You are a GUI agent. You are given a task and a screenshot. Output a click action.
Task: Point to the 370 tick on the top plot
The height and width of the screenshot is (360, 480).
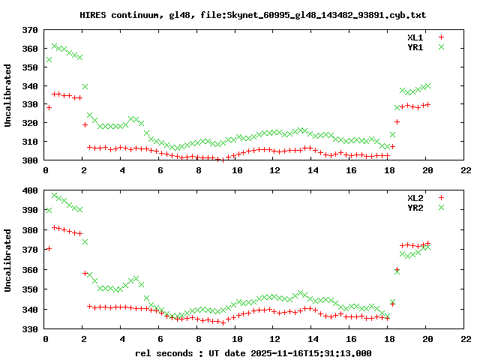pyautogui.click(x=30, y=30)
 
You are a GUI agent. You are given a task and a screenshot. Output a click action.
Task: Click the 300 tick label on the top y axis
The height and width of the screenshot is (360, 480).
pyautogui.click(x=30, y=160)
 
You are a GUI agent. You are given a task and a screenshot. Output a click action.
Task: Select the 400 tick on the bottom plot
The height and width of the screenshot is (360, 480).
pyautogui.click(x=30, y=190)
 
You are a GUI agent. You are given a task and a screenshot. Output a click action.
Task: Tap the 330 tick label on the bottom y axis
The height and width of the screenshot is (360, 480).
pyautogui.click(x=30, y=328)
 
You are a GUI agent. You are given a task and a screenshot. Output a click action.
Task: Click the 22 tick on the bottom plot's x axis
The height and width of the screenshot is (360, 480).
pyautogui.click(x=466, y=339)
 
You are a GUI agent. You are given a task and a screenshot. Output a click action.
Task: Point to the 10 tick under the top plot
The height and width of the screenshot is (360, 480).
pyautogui.click(x=237, y=170)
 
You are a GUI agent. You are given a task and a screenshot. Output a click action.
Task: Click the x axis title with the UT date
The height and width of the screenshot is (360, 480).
pyautogui.click(x=253, y=352)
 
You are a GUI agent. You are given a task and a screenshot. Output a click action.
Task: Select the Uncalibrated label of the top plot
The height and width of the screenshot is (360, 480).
pyautogui.click(x=8, y=95)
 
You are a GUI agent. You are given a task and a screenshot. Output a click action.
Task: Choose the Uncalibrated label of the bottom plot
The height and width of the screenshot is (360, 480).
pyautogui.click(x=8, y=260)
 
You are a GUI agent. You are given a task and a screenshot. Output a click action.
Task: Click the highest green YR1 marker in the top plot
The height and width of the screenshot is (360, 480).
pyautogui.click(x=55, y=46)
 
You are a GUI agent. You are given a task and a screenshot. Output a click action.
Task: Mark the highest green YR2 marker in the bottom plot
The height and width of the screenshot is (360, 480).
pyautogui.click(x=55, y=196)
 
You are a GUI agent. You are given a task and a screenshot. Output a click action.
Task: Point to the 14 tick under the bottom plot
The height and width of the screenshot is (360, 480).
pyautogui.click(x=313, y=339)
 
